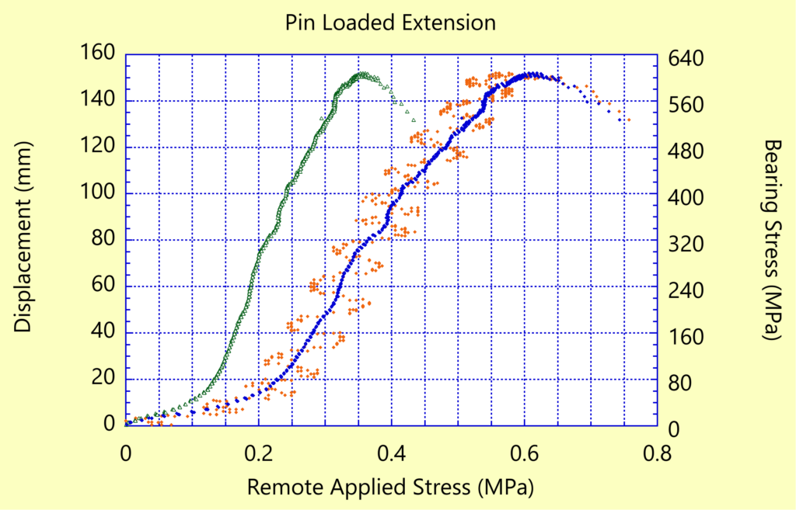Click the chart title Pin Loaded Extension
pyautogui.click(x=390, y=23)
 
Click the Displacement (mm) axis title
pyautogui.click(x=24, y=238)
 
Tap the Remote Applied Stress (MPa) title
pyautogui.click(x=391, y=487)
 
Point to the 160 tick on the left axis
pyautogui.click(x=97, y=54)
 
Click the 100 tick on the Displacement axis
pyautogui.click(x=97, y=193)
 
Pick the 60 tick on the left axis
pyautogui.click(x=102, y=286)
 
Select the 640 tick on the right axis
pyautogui.click(x=686, y=58)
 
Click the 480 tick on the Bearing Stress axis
pyautogui.click(x=686, y=151)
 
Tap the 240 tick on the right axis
pyautogui.click(x=686, y=291)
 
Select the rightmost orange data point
pyautogui.click(x=628, y=120)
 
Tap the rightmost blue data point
pyautogui.click(x=620, y=120)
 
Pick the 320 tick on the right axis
pyautogui.click(x=686, y=245)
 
